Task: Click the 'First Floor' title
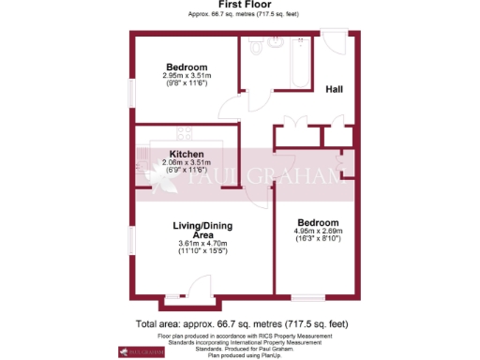239,6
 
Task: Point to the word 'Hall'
334,90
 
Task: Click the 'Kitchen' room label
187,153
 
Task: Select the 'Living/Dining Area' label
202,231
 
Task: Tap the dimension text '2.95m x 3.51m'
187,76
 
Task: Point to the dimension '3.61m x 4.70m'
202,246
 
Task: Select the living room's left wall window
131,239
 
